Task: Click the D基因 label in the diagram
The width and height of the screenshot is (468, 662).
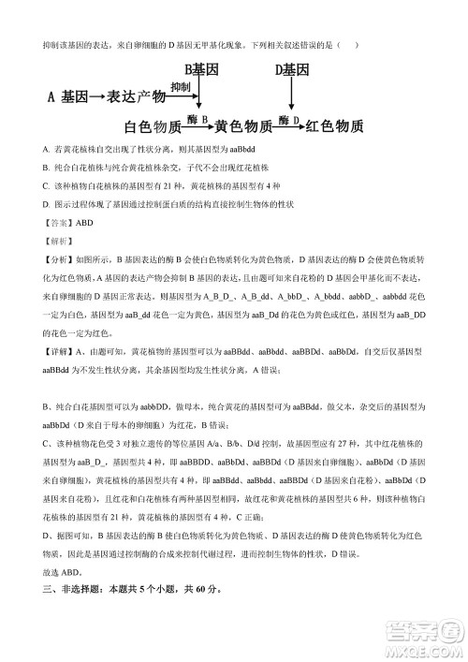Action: pyautogui.click(x=292, y=71)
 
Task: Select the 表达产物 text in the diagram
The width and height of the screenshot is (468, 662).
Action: pyautogui.click(x=138, y=96)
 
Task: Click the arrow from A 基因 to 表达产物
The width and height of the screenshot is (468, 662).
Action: pyautogui.click(x=96, y=97)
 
